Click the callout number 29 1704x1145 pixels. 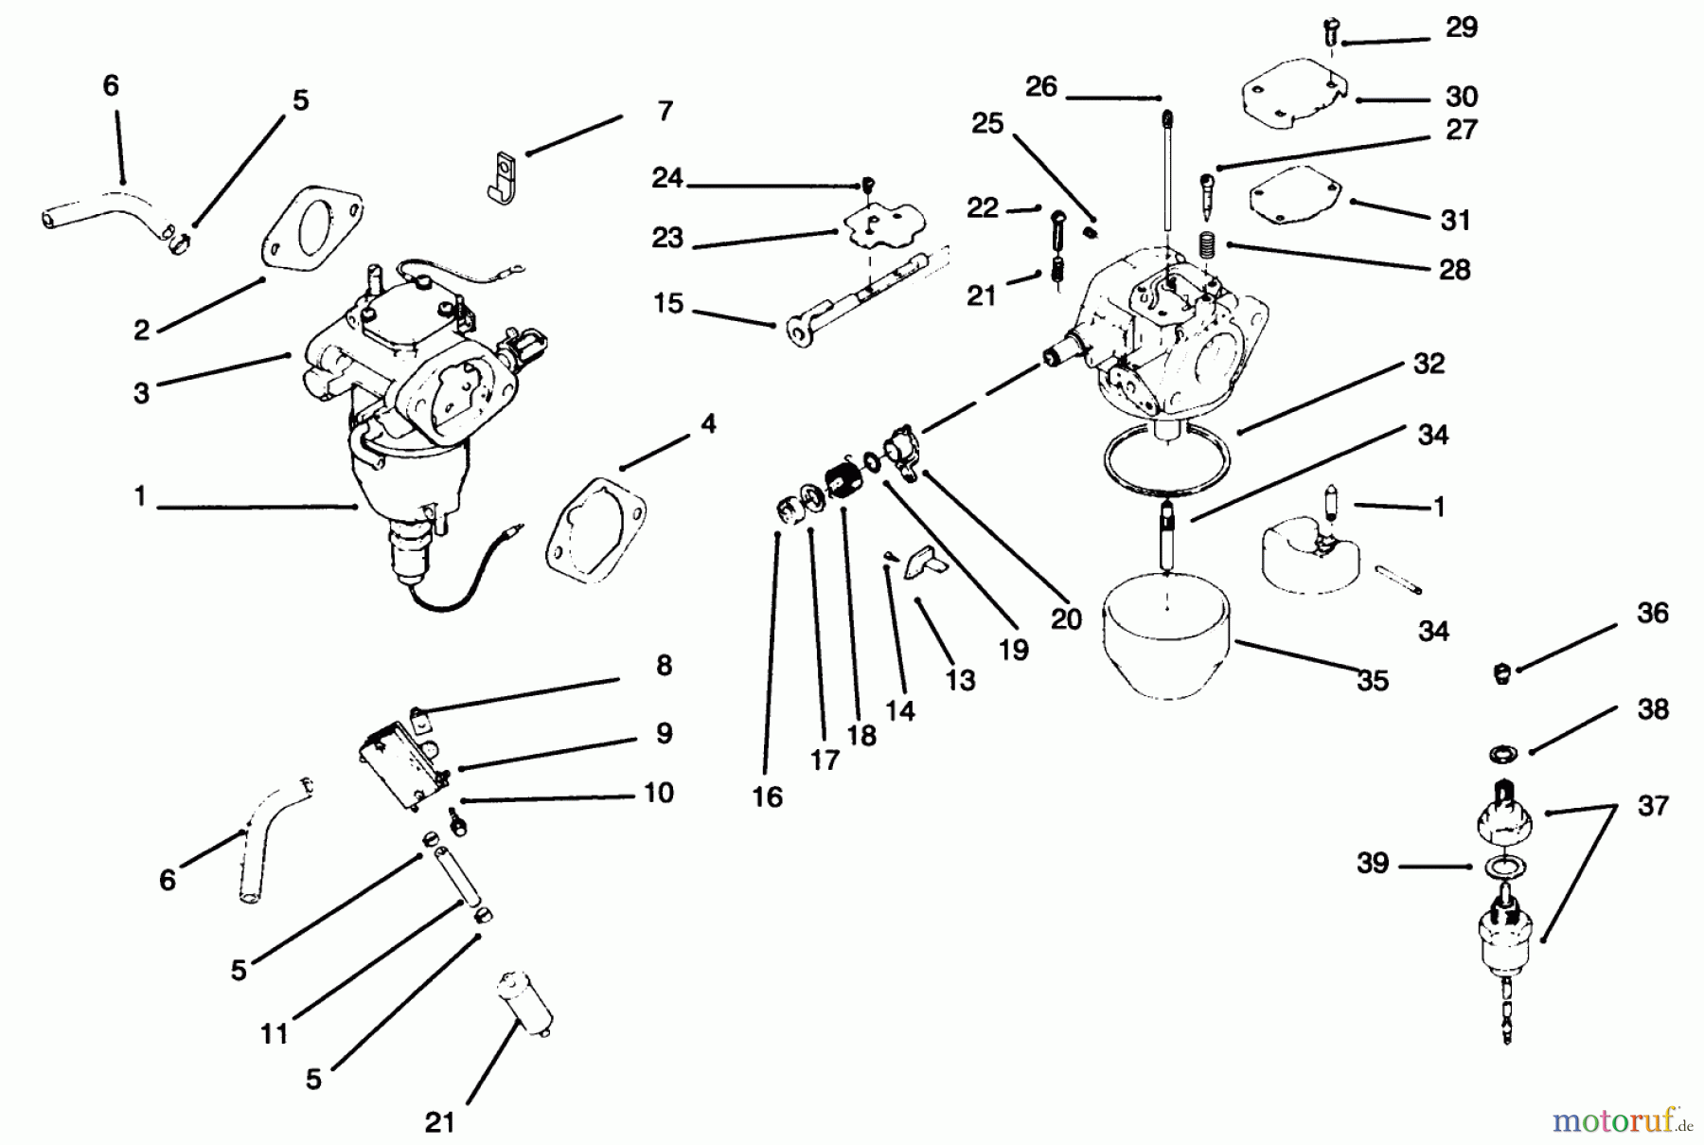click(1461, 27)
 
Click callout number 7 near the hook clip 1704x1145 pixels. click(665, 112)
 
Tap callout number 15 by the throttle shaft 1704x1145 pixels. click(668, 304)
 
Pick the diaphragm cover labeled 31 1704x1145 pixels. click(1296, 194)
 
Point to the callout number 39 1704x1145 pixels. click(1373, 864)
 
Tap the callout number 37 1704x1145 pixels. click(1652, 806)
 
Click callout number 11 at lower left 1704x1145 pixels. click(274, 1033)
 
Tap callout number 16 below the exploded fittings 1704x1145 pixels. click(767, 797)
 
